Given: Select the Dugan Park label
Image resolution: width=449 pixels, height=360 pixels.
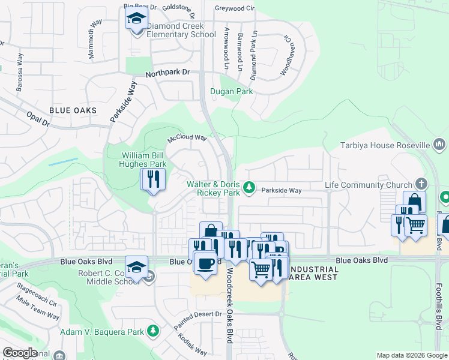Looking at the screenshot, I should click(231, 92).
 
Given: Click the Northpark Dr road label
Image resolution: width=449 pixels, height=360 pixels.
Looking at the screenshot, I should click(168, 72).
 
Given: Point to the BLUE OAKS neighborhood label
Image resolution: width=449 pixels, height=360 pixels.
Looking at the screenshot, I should click(73, 111).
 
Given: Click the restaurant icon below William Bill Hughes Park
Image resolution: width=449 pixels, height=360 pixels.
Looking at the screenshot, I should click(152, 179).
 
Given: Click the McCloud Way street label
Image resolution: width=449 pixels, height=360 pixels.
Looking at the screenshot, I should click(187, 138).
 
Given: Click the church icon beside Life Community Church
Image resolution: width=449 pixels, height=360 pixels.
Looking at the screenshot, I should click(421, 184).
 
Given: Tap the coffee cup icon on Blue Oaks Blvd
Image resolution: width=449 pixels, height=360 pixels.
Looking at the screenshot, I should click(205, 263).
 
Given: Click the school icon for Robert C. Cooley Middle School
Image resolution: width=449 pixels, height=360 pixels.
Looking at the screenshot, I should click(136, 266).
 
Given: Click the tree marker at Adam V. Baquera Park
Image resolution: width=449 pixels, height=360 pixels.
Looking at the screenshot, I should click(153, 331).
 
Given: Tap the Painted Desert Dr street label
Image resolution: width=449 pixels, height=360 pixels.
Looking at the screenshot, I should click(203, 315).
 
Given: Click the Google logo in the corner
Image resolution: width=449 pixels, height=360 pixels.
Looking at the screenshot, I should click(19, 353).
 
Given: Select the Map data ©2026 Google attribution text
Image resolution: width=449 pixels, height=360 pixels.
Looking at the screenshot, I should click(411, 355).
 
